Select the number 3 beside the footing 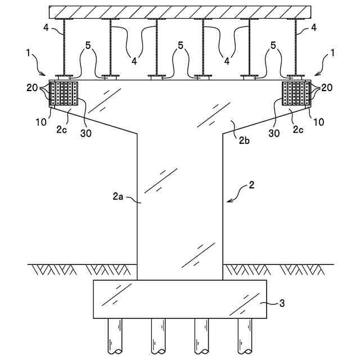coord(282,303)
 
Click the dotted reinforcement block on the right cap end coord(296,93)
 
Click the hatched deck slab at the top coord(180,11)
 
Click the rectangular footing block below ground coord(180,299)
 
